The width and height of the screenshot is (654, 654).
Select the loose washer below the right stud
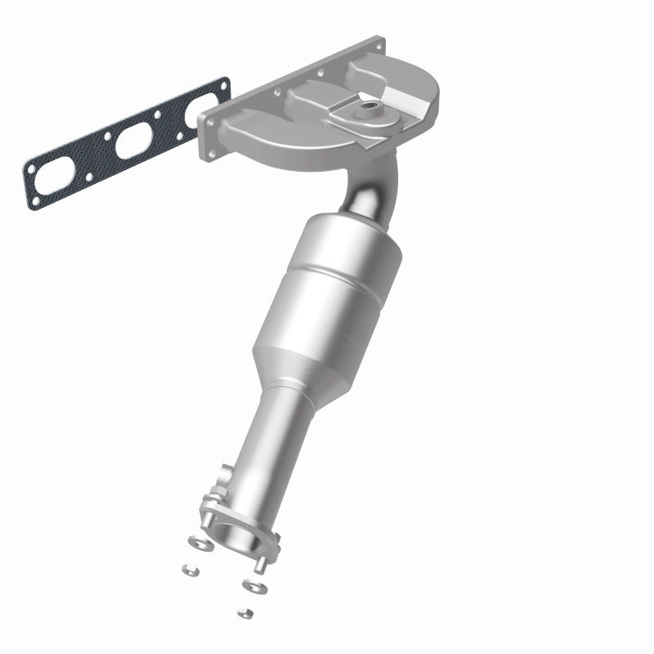click(252, 585)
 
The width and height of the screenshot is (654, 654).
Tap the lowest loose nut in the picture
click(243, 611)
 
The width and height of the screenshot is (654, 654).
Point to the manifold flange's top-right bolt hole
click(378, 44)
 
